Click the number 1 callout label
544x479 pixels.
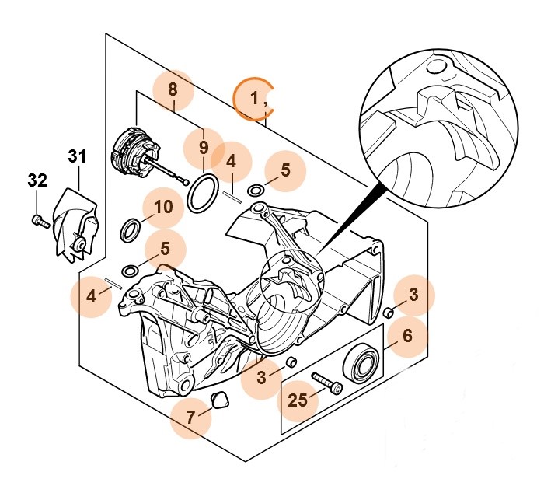coord(253,99)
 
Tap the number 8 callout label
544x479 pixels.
coord(173,89)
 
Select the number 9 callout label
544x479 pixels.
coord(204,147)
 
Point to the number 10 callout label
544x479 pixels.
coord(163,208)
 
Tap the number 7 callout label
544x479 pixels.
coord(191,416)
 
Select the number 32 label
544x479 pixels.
coord(37,180)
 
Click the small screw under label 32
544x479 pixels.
coord(41,222)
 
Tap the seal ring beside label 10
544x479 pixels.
coord(132,230)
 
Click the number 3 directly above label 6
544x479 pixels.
coord(413,295)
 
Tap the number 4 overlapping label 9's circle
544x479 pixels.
coord(231,163)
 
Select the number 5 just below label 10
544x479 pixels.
coord(164,250)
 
